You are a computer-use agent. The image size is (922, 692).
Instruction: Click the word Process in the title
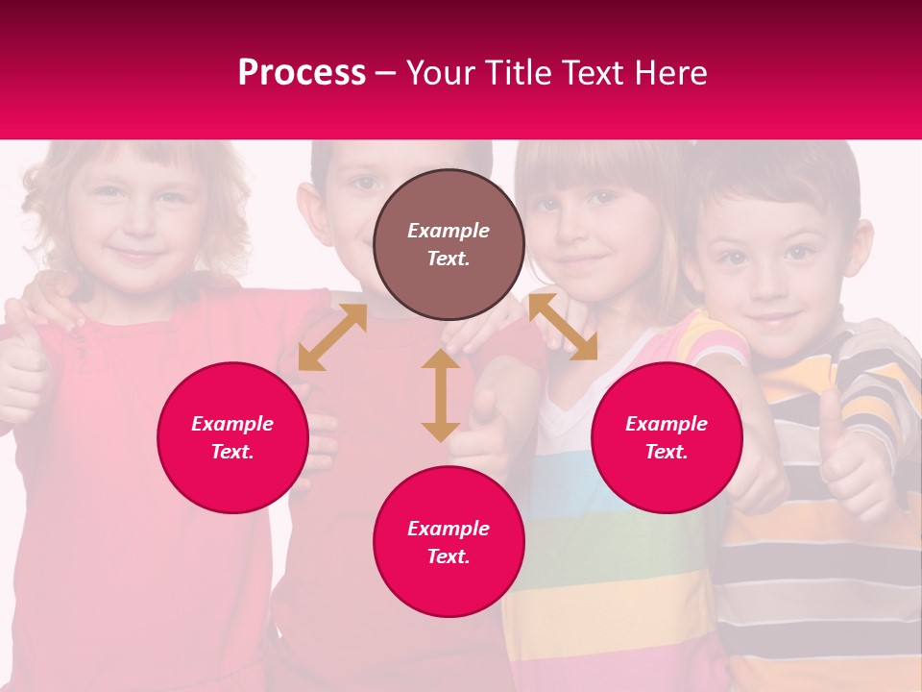(302, 73)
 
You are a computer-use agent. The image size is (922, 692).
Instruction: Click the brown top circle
(449, 244)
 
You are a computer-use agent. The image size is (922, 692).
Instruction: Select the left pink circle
(232, 437)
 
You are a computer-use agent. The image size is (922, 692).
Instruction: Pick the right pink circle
(667, 437)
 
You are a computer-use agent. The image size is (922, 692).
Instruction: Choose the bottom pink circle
(449, 542)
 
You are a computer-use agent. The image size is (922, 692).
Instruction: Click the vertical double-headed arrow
(441, 395)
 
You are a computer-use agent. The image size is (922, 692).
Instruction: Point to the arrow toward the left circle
(332, 337)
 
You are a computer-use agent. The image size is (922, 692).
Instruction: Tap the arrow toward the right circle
(563, 327)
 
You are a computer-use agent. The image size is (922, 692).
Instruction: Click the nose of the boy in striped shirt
(768, 286)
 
